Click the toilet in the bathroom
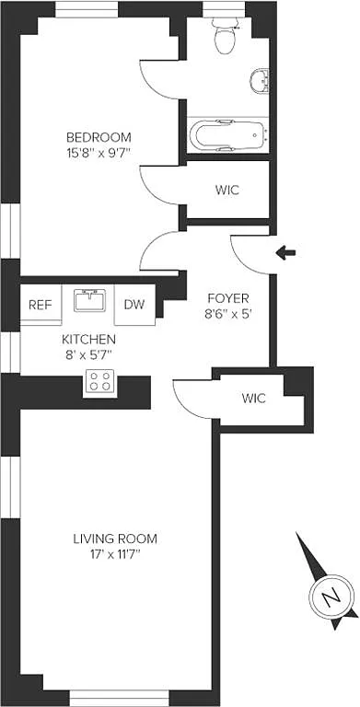(x=225, y=36)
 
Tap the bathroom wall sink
(x=260, y=81)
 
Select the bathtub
(x=228, y=135)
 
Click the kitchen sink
(x=90, y=300)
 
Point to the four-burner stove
(x=100, y=381)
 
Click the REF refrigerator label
(x=41, y=305)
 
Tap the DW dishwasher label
(x=134, y=305)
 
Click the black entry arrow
(x=285, y=253)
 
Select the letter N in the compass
(x=331, y=597)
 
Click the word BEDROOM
(x=99, y=137)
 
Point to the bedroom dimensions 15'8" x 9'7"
(x=99, y=153)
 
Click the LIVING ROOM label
(x=115, y=539)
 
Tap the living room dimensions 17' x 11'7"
(x=115, y=553)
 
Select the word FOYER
(x=228, y=298)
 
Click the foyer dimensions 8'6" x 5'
(x=227, y=314)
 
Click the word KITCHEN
(x=89, y=339)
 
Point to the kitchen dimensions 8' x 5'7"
(x=89, y=353)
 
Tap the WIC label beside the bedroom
(x=227, y=190)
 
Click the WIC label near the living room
(x=253, y=398)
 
